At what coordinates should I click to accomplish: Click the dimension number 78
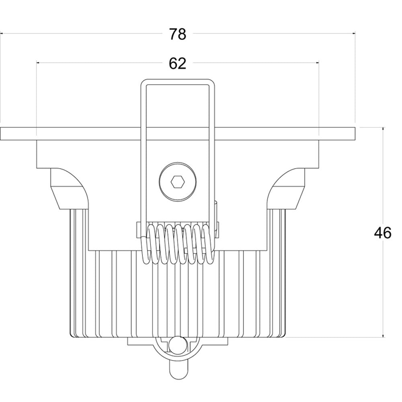point(177,34)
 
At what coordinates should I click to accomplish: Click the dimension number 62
point(177,63)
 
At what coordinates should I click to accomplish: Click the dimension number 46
point(382,233)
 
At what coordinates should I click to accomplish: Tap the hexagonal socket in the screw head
point(177,182)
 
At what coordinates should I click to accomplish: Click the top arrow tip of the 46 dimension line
point(383,128)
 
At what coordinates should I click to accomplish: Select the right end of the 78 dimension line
point(354,34)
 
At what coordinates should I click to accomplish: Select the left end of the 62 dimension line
point(37,63)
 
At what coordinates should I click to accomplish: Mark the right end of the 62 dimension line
point(318,63)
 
